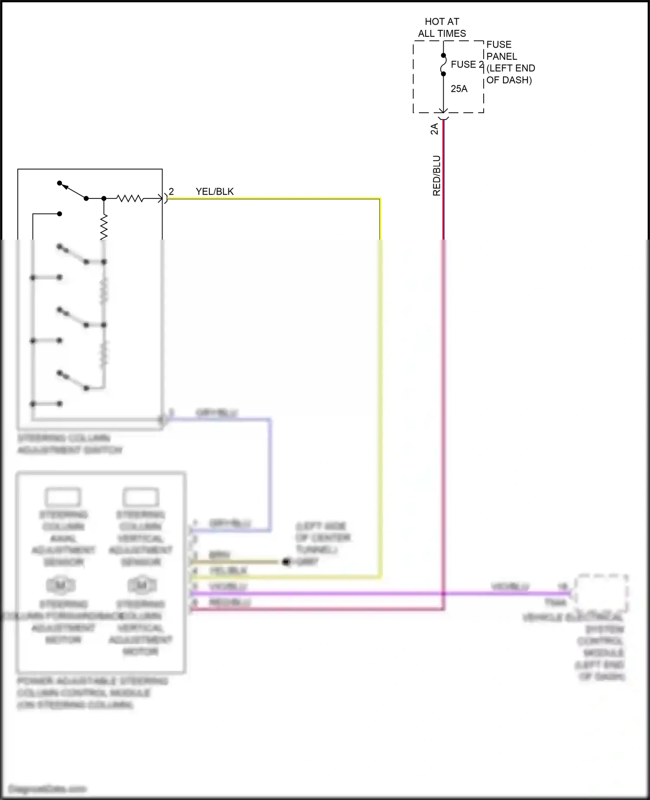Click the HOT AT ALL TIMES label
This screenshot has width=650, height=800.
(x=442, y=27)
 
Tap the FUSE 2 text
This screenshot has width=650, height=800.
(x=467, y=65)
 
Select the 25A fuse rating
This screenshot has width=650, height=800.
(x=459, y=89)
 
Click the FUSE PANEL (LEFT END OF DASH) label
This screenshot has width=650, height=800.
(x=510, y=62)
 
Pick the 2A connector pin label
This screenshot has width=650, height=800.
(x=434, y=129)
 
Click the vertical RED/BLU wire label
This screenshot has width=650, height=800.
(x=436, y=176)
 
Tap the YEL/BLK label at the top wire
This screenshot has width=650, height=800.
(x=214, y=192)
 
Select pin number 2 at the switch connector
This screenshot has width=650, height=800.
(x=171, y=192)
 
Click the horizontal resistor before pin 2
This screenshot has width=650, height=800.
(x=130, y=198)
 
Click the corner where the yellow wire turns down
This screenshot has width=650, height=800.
(x=380, y=199)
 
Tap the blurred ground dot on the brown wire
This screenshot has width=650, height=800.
(x=286, y=562)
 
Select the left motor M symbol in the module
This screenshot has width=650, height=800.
(x=61, y=585)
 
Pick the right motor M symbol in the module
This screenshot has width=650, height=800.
(x=141, y=585)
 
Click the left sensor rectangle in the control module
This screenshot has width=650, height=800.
(x=63, y=497)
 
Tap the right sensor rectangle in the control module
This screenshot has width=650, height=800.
(x=141, y=497)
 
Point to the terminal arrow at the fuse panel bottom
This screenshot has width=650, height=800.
(x=443, y=111)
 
